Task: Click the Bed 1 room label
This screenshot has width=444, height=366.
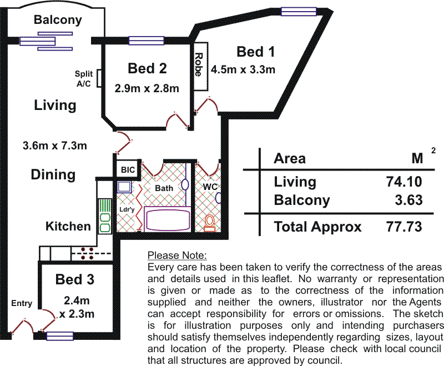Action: [255, 52]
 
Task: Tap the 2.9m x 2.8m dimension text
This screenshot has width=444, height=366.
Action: [147, 88]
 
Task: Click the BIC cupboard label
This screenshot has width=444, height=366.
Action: [128, 170]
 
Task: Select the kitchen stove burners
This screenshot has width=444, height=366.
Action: [87, 253]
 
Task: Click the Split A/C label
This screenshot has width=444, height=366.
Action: [84, 79]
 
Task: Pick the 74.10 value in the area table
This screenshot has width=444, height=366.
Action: [404, 182]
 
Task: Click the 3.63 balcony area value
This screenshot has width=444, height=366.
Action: [408, 200]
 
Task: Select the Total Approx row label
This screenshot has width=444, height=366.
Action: [317, 227]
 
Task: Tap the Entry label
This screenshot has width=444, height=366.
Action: [22, 303]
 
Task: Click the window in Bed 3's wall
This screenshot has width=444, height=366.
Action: [60, 336]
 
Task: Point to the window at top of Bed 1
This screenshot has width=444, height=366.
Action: [299, 12]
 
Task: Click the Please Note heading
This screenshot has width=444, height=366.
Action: [177, 255]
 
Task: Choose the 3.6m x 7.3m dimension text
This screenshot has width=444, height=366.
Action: [55, 146]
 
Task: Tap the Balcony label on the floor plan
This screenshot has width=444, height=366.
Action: [58, 20]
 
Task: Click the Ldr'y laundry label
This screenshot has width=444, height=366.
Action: [127, 209]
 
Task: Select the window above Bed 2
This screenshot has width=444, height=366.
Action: [147, 41]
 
